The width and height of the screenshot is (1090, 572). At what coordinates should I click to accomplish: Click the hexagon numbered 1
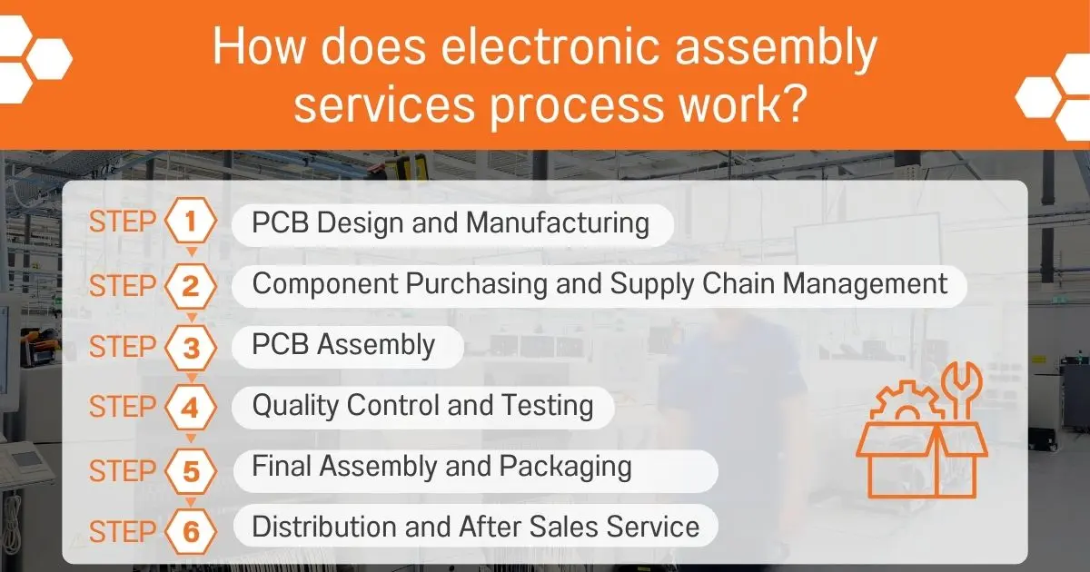(x=190, y=222)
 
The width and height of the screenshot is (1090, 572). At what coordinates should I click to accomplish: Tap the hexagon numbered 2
(x=190, y=286)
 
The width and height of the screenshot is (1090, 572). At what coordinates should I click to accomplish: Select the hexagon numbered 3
(x=190, y=348)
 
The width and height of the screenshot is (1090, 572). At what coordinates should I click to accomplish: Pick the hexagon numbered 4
(x=190, y=408)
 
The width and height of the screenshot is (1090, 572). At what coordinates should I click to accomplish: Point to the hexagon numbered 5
(x=190, y=470)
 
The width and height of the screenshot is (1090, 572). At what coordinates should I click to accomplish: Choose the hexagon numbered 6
(x=190, y=531)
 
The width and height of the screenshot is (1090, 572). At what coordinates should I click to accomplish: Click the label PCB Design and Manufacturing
(x=451, y=223)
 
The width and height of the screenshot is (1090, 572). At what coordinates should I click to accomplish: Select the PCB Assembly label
(x=343, y=345)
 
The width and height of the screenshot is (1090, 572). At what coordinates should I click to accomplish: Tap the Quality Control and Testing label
(x=422, y=405)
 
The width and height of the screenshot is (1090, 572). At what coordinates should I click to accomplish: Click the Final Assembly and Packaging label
(x=441, y=467)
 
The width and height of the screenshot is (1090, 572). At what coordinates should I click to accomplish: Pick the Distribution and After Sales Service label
(x=475, y=527)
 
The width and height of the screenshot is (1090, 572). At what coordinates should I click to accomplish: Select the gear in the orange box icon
(x=907, y=405)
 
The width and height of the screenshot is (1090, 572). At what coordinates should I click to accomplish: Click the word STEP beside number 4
(x=124, y=408)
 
